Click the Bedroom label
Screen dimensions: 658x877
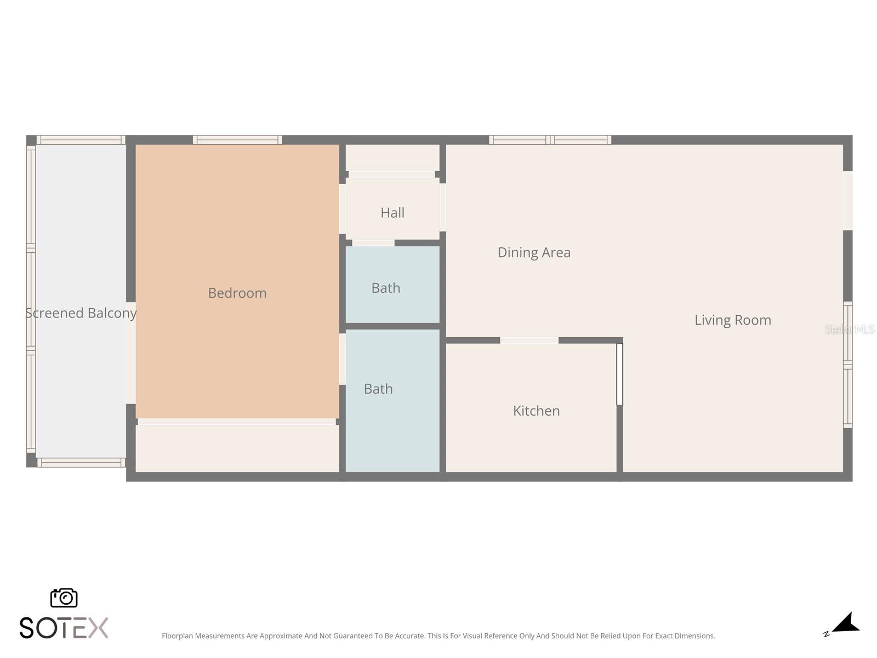pos(237,293)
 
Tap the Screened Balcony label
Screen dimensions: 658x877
pos(81,313)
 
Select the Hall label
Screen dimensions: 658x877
pos(392,213)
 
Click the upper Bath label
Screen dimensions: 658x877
pos(385,288)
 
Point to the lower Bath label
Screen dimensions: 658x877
pos(378,389)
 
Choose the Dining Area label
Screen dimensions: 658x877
pos(534,252)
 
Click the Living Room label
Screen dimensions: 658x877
pos(732,320)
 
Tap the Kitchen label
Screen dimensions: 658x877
pos(536,411)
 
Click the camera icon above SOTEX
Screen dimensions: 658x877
pos(64,598)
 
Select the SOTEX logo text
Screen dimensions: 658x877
pos(64,628)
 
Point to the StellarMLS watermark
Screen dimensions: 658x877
pos(850,329)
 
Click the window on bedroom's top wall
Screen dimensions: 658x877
pos(237,140)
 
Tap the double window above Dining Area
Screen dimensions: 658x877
pos(550,140)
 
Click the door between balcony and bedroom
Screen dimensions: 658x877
pos(131,353)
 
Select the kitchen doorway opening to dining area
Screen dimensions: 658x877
pos(529,341)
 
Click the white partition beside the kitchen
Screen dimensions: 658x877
pos(619,374)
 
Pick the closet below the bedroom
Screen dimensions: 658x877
pos(237,448)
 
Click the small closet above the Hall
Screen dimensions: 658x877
pos(392,157)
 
